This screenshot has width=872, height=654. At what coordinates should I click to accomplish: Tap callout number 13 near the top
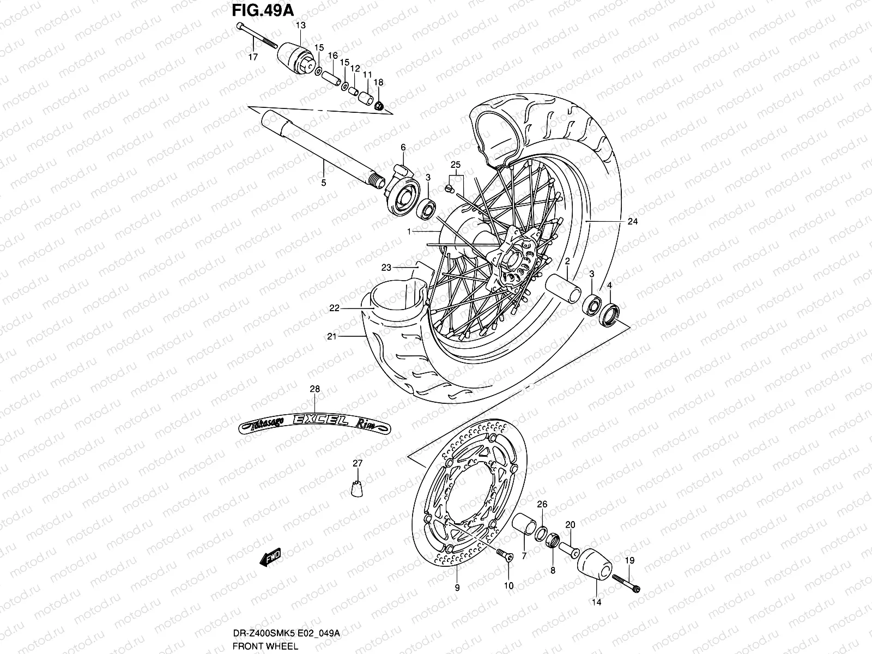pyautogui.click(x=301, y=25)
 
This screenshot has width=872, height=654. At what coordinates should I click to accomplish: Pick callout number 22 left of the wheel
pyautogui.click(x=334, y=308)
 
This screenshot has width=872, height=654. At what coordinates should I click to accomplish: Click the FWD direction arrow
pyautogui.click(x=270, y=557)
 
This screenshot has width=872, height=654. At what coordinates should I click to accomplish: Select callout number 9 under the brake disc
pyautogui.click(x=457, y=588)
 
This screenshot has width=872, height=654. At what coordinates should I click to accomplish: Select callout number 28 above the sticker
pyautogui.click(x=315, y=389)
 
